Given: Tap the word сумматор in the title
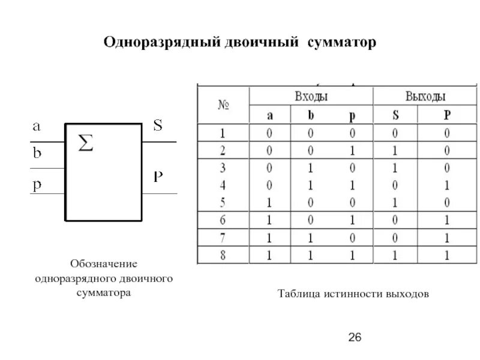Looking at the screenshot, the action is pos(341,43).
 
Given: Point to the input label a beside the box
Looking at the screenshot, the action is pos(37,127).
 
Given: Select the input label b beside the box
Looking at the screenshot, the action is pos(37,153).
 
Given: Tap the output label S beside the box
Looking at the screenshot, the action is pos(158,126).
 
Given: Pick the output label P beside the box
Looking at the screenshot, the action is pos(158,176).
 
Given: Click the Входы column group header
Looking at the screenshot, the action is pos(311,96).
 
